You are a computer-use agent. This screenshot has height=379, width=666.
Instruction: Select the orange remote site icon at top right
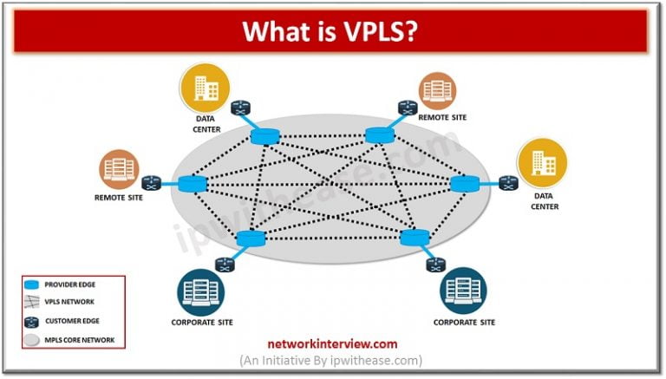(439, 90)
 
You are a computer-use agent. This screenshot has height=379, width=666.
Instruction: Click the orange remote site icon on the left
(118, 169)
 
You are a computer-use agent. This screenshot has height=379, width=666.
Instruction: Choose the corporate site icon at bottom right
(462, 291)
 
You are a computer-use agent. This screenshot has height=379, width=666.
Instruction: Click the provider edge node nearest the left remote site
(192, 183)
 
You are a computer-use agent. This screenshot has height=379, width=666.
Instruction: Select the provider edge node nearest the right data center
(463, 183)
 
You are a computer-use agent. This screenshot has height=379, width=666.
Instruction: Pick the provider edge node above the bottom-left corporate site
(250, 238)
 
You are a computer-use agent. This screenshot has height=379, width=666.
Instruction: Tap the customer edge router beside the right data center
(507, 182)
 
